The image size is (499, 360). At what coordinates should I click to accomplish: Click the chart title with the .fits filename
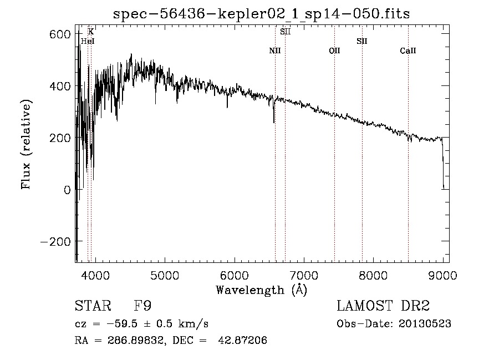[x=261, y=14]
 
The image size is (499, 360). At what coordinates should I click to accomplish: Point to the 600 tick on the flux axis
[x=59, y=34]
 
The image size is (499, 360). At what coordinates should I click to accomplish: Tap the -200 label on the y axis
[x=55, y=242]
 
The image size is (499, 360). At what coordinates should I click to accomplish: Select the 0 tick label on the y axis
[x=67, y=190]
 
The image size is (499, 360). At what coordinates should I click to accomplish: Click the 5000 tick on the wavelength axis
[x=165, y=275]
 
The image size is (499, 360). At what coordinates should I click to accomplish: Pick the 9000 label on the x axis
[x=442, y=275]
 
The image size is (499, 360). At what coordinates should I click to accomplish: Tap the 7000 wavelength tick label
[x=304, y=275]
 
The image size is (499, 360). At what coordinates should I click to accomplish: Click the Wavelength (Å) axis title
[x=262, y=290]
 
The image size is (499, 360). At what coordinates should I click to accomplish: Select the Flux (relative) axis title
[x=26, y=144]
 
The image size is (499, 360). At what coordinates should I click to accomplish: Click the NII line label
[x=275, y=50]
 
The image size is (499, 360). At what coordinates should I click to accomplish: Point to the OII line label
[x=334, y=50]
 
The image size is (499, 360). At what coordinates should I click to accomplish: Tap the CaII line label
[x=408, y=50]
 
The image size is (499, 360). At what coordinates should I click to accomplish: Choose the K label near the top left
[x=91, y=32]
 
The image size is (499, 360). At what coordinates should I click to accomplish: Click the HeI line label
[x=88, y=41]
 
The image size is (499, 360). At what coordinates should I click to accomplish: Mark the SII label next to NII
[x=285, y=32]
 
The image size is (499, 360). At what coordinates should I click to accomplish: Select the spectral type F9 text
[x=142, y=306]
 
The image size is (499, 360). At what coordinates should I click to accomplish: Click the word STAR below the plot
[x=93, y=306]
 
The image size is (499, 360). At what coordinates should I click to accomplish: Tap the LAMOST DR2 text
[x=383, y=306]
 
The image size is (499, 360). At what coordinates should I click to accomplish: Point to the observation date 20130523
[x=425, y=324]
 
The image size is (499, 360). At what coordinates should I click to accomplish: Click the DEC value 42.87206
[x=242, y=340]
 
